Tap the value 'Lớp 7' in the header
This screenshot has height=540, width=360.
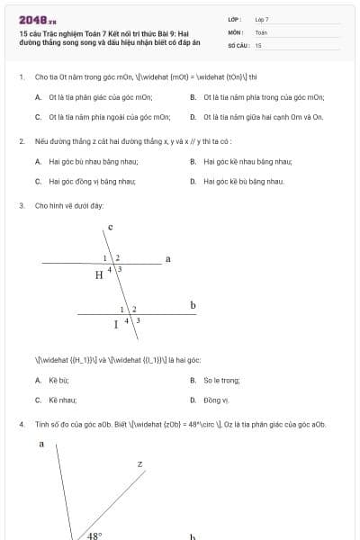click(262, 19)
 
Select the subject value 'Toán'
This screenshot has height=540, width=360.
click(261, 31)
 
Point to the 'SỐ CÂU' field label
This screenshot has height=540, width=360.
click(237, 44)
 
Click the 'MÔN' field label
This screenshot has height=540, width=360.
click(235, 31)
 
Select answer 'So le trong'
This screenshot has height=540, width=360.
click(222, 381)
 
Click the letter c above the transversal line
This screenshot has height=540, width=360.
click(110, 228)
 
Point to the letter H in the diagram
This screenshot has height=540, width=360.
click(99, 275)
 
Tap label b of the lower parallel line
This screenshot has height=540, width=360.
click(193, 305)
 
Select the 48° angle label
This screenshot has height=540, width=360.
click(94, 535)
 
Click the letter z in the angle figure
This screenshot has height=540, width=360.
click(139, 464)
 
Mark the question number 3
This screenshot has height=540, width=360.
click(21, 206)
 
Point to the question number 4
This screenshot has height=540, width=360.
click(21, 424)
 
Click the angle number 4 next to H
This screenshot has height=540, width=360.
click(111, 269)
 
